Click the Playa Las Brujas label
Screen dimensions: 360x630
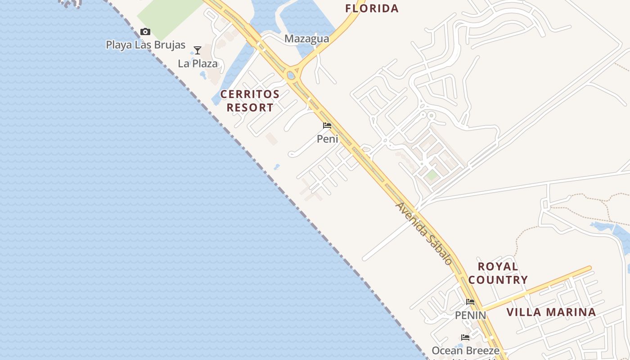145,45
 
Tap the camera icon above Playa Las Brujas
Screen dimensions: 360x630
145,31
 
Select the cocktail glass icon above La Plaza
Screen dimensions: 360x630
197,50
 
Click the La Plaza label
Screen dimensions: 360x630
198,63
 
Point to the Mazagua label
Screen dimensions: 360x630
306,39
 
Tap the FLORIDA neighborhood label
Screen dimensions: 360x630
372,8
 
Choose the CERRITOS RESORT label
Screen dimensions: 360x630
250,101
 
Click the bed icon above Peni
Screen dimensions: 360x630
327,126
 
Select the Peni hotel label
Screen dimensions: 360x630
327,139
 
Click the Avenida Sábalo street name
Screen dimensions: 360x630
423,233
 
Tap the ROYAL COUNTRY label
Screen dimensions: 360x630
498,273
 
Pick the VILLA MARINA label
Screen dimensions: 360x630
551,312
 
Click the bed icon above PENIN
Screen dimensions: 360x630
470,301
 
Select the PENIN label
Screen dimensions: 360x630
470,315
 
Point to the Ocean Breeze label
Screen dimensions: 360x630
465,351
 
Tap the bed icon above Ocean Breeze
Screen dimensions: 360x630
465,337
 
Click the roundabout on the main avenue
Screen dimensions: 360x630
292,75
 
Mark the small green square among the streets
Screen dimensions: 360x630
432,175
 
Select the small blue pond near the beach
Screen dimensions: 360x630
277,167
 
